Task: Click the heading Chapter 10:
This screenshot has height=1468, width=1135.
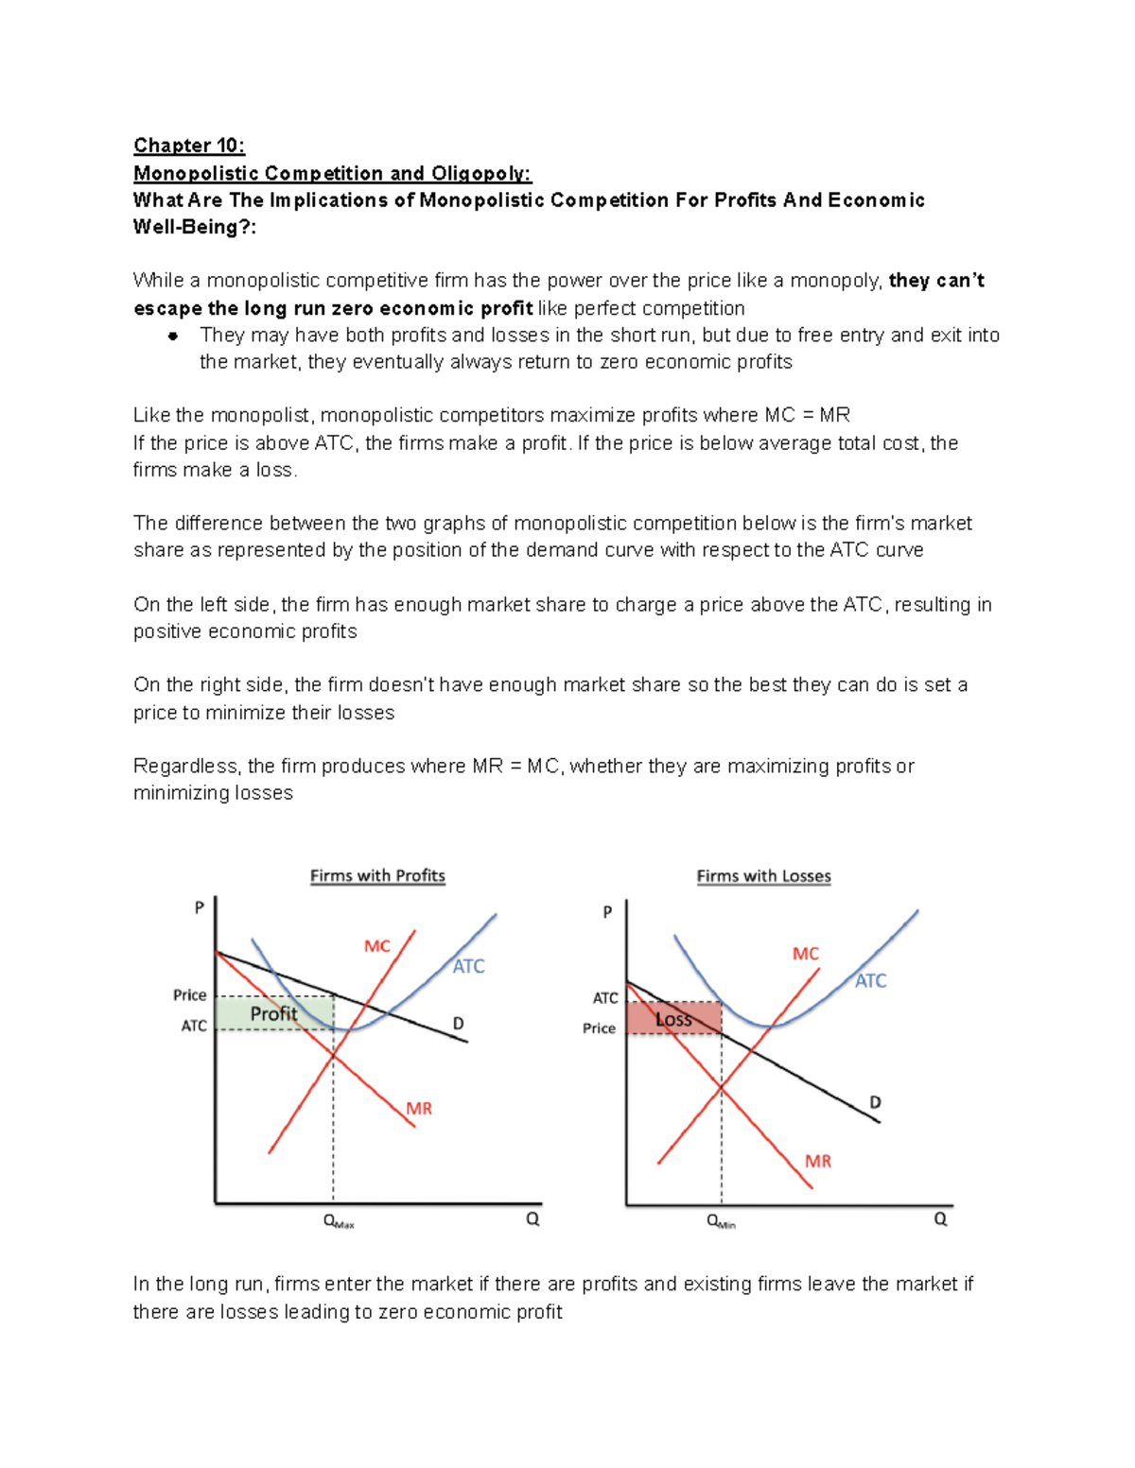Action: click(x=189, y=146)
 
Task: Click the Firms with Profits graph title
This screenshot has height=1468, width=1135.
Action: click(x=377, y=876)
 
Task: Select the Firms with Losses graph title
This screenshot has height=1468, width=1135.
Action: click(x=763, y=876)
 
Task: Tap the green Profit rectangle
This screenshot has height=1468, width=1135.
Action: click(x=274, y=1013)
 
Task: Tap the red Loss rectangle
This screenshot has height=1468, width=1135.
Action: click(x=674, y=1019)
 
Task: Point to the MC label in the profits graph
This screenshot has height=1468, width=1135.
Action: click(x=376, y=946)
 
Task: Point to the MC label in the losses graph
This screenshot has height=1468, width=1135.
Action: click(x=805, y=954)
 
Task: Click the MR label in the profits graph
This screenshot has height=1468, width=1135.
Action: click(x=419, y=1109)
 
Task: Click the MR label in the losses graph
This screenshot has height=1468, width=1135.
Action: click(x=818, y=1161)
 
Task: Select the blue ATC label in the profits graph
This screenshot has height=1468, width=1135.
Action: click(x=468, y=966)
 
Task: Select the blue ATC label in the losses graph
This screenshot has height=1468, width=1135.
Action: click(x=870, y=981)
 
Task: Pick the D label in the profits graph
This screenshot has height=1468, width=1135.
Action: click(x=458, y=1023)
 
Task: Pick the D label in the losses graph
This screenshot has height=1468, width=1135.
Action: click(x=875, y=1102)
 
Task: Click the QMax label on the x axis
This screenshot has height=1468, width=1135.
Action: click(x=338, y=1221)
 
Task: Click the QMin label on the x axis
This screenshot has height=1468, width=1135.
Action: click(x=721, y=1221)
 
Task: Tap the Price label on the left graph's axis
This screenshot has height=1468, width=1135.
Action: click(x=189, y=994)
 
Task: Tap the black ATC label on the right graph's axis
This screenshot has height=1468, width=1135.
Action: click(x=605, y=998)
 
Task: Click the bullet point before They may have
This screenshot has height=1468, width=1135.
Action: click(x=173, y=336)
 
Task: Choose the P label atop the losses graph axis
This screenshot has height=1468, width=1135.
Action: click(x=607, y=912)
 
